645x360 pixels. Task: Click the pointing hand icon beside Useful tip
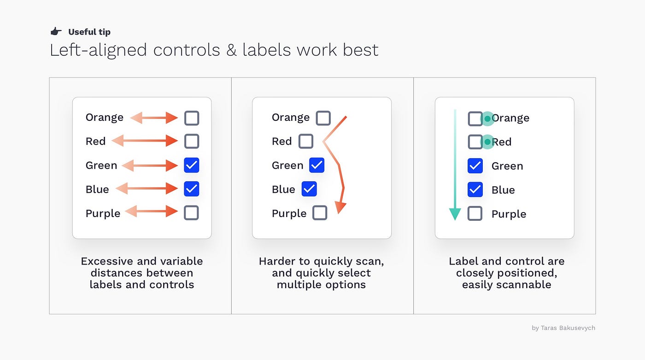click(x=56, y=32)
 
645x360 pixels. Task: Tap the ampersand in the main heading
click(x=231, y=50)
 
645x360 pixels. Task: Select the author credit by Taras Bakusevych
click(x=563, y=328)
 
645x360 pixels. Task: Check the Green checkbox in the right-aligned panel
click(x=191, y=165)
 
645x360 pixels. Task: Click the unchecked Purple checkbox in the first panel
click(x=191, y=212)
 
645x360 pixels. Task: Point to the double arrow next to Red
click(x=145, y=141)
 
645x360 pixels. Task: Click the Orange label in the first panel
click(x=105, y=118)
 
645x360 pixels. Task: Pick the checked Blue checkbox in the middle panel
click(x=309, y=189)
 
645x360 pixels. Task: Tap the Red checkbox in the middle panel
click(x=306, y=141)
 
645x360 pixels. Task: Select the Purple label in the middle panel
click(x=289, y=213)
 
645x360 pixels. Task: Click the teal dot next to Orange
click(x=487, y=118)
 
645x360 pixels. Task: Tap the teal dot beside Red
click(x=487, y=142)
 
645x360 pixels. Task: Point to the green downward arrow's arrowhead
click(x=455, y=214)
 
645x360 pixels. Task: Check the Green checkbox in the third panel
click(x=475, y=165)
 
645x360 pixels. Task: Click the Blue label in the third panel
click(x=503, y=190)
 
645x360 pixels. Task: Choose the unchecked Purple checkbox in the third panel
click(x=475, y=213)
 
